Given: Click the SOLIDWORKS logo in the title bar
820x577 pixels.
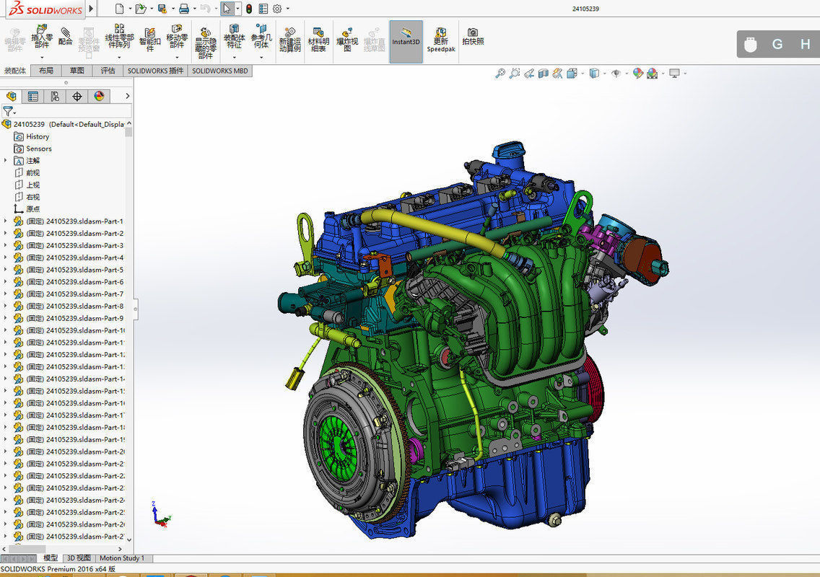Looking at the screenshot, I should pos(44,9).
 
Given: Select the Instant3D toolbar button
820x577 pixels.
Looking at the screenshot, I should pos(406,41).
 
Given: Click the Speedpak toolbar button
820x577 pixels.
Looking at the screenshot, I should pos(440,41).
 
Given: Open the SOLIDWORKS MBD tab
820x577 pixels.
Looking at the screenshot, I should pos(220,71).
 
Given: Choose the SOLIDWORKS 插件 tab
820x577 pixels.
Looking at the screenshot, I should pos(155,71).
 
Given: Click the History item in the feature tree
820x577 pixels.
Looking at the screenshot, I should pos(38,136).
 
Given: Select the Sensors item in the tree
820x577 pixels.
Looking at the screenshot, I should pos(39,149).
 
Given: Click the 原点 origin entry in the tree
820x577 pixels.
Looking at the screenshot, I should pos(33,209).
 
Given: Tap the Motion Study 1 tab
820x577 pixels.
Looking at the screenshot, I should pos(122,558).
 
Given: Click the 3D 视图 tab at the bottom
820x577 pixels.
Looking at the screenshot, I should pos(79,558).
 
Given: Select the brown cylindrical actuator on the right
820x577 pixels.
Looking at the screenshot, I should pos(642,258).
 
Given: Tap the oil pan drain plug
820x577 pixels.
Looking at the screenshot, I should pos(554,519).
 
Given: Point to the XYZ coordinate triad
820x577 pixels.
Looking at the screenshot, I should pos(158,514).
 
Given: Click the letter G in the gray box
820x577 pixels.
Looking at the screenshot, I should pos(777,44).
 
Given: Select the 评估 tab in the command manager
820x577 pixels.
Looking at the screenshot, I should pos(108,71).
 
